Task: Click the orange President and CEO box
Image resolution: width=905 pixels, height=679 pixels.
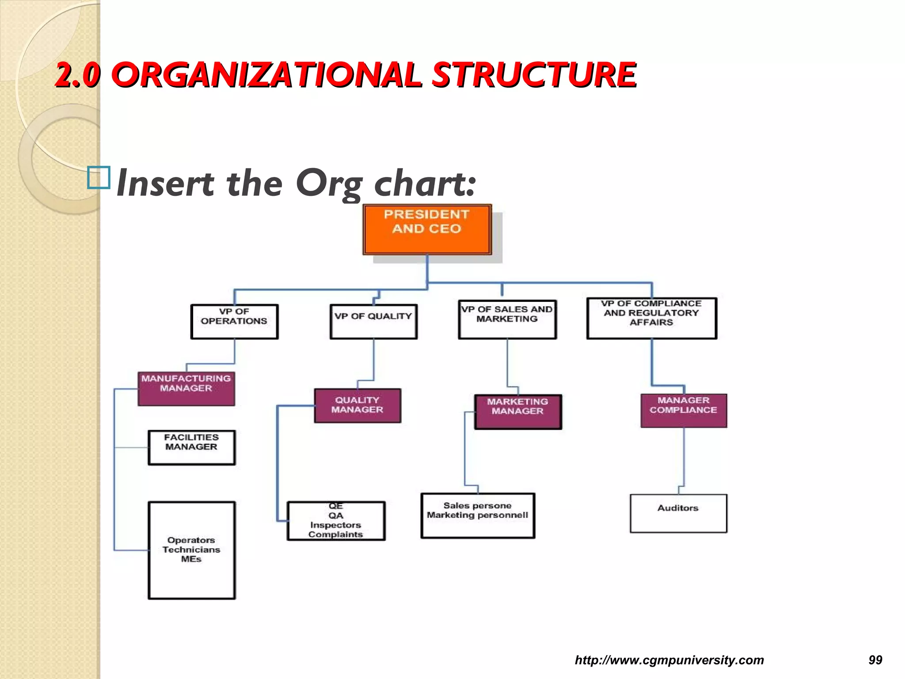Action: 427,229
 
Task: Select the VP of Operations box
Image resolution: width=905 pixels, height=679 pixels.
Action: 234,321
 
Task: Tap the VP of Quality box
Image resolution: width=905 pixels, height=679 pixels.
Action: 373,321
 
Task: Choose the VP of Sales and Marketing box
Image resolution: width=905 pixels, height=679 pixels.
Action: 507,319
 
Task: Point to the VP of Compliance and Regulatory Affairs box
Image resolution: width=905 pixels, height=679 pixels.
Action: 651,318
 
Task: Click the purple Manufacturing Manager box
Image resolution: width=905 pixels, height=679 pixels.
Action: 186,389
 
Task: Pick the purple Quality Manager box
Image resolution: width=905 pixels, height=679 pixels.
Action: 357,405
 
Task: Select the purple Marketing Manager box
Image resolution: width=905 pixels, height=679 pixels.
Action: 518,412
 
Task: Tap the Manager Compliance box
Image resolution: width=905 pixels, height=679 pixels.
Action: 684,410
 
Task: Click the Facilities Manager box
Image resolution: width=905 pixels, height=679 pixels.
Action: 191,447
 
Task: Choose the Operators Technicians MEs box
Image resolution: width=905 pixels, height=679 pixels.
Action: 191,550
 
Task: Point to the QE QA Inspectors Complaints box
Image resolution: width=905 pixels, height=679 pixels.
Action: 336,521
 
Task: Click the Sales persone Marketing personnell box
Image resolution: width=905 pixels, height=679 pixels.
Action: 478,515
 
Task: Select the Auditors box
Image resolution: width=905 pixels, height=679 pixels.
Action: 678,513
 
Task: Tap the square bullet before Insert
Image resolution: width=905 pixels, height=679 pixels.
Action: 99,178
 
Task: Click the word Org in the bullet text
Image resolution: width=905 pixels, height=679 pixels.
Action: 328,184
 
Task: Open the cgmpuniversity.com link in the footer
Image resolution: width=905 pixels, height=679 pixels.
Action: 669,660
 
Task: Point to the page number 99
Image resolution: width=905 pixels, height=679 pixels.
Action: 875,660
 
